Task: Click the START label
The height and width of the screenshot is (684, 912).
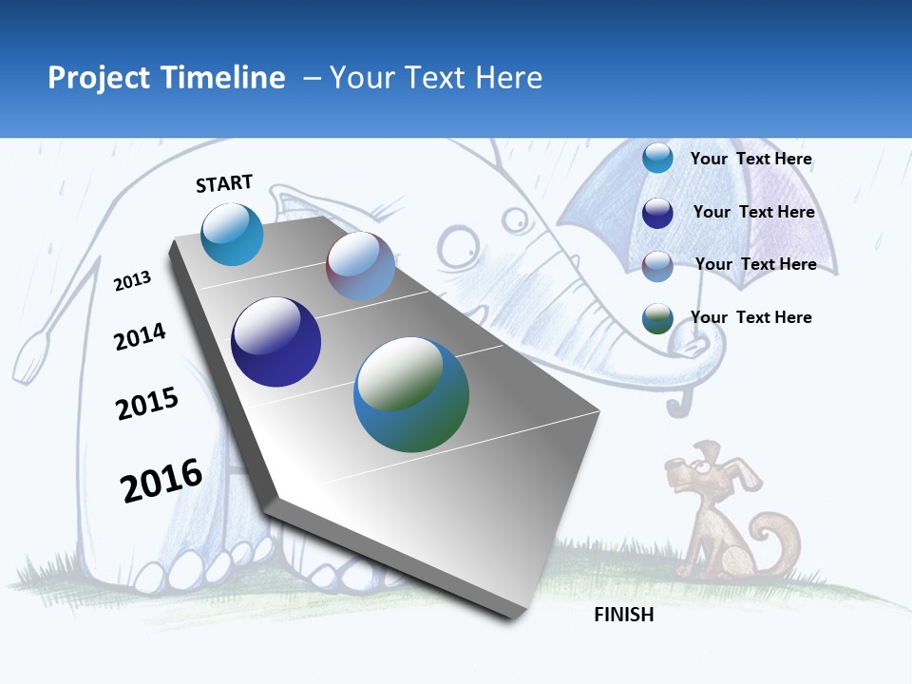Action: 224,183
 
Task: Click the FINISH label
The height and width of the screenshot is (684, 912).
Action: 624,615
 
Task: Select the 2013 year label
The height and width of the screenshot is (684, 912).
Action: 133,281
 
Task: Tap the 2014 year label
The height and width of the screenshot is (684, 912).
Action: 141,336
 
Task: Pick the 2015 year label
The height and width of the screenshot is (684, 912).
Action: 147,404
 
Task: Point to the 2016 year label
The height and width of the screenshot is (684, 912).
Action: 161,481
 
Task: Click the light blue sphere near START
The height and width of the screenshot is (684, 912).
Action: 233,234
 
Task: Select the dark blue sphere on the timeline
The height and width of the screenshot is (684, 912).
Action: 275,342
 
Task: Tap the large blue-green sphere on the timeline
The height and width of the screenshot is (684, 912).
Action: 411,394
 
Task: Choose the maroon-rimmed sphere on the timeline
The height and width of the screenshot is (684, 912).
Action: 360,266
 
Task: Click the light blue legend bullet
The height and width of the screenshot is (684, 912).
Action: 657,159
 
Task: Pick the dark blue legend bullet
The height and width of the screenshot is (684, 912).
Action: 657,213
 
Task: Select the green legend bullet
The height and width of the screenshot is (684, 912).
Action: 657,318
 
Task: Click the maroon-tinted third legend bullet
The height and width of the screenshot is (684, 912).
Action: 657,265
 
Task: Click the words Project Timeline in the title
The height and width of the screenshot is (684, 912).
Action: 166,78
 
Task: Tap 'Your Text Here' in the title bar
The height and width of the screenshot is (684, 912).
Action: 436,78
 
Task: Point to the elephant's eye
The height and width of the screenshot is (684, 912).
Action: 515,220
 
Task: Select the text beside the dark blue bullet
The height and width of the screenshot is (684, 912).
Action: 754,213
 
